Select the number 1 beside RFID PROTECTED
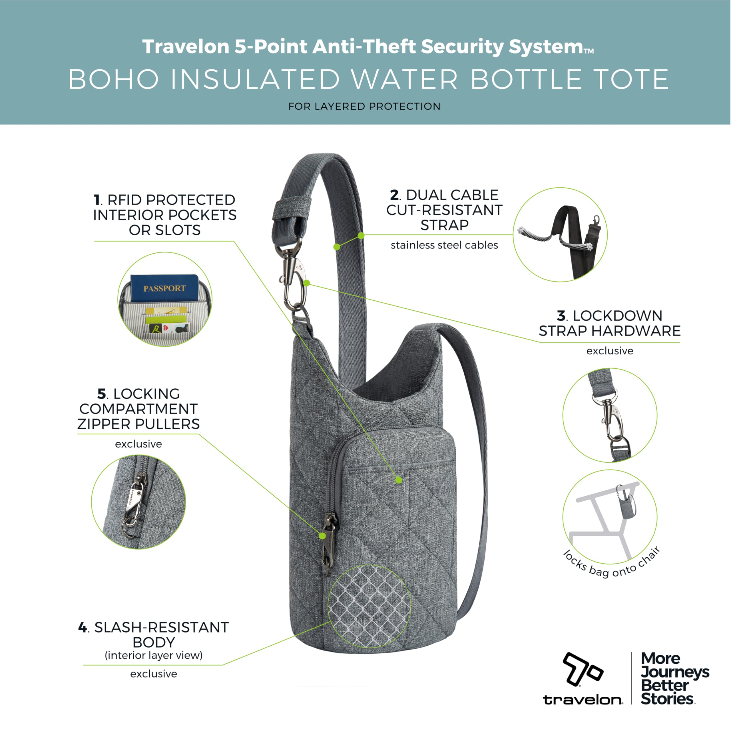pyautogui.click(x=97, y=200)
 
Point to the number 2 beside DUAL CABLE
pyautogui.click(x=394, y=195)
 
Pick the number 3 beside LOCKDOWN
pyautogui.click(x=561, y=316)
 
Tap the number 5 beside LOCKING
pyautogui.click(x=101, y=394)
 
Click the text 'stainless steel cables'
pyautogui.click(x=444, y=245)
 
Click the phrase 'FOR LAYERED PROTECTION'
pyautogui.click(x=364, y=106)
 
